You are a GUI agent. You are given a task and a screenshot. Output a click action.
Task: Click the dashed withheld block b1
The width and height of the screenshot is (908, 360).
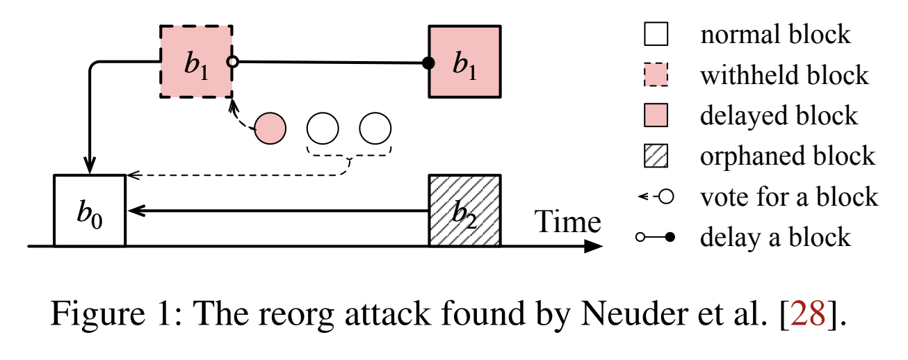(x=196, y=62)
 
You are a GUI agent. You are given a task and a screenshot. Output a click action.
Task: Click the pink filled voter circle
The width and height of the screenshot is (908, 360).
(x=270, y=129)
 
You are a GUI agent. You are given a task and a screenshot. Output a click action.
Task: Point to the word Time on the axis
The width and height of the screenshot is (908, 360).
(x=567, y=222)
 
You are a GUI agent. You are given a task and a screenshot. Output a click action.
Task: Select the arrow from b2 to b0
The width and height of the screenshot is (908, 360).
(x=278, y=210)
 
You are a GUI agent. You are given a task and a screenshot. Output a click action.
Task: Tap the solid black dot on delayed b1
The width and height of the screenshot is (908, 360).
(x=429, y=64)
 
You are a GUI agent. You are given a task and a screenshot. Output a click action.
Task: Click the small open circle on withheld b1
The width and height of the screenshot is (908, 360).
(x=234, y=63)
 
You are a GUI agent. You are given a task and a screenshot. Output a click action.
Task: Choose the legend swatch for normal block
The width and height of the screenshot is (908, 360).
(x=656, y=34)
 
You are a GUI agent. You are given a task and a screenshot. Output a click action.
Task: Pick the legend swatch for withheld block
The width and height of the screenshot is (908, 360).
(x=656, y=74)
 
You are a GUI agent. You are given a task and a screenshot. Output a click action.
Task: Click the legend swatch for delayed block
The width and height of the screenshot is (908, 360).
(x=656, y=115)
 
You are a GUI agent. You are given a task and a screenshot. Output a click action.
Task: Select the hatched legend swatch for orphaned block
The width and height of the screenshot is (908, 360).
(x=656, y=156)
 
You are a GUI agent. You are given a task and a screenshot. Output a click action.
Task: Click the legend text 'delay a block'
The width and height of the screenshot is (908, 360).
(x=775, y=237)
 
